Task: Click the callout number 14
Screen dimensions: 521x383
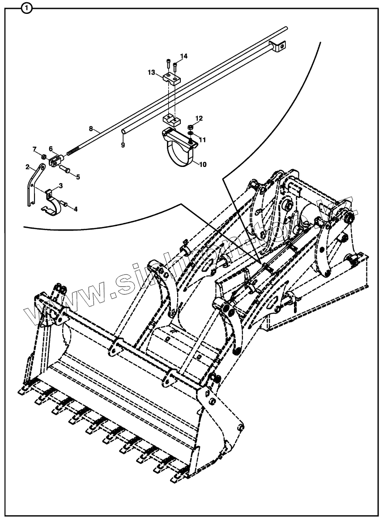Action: (x=184, y=56)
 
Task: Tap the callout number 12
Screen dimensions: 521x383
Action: (x=199, y=118)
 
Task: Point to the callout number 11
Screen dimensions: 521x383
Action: (x=203, y=140)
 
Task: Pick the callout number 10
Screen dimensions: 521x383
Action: (x=203, y=164)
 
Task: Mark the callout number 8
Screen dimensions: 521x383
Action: (x=91, y=128)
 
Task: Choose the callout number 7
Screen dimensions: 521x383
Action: (x=34, y=149)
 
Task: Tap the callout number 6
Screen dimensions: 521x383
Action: (x=51, y=149)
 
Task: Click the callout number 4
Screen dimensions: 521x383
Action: (x=75, y=209)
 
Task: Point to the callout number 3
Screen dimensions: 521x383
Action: (x=60, y=185)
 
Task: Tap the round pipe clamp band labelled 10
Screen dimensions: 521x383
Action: (x=181, y=154)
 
